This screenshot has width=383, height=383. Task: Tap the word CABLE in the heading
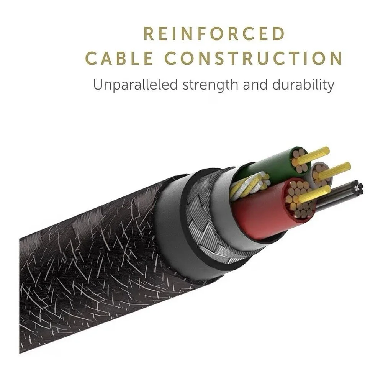tap(119, 58)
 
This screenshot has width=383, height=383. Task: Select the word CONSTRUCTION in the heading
tap(254, 58)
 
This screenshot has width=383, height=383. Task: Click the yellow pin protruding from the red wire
tap(314, 194)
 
